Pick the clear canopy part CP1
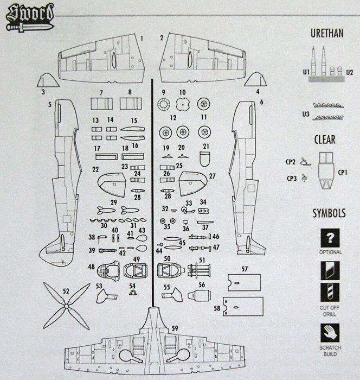(325, 169)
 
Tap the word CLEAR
(325, 140)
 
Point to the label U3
(307, 113)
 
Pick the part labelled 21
(204, 158)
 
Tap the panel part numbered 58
(243, 308)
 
